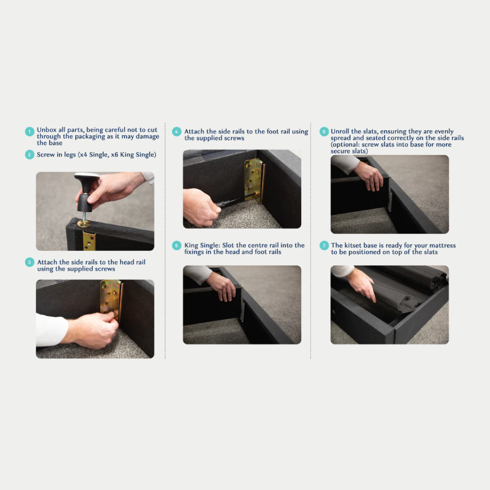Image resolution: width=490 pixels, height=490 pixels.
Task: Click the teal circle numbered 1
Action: pyautogui.click(x=29, y=132)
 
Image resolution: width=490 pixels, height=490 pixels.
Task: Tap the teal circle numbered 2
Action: pyautogui.click(x=29, y=155)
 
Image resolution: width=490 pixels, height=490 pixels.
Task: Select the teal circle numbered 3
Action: pyautogui.click(x=29, y=262)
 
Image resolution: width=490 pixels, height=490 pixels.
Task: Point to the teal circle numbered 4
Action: pyautogui.click(x=176, y=132)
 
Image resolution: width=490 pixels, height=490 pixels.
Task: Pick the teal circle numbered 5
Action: pyautogui.click(x=176, y=245)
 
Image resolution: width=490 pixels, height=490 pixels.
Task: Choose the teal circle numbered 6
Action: pyautogui.click(x=324, y=132)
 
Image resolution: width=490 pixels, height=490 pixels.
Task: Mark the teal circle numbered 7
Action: pyautogui.click(x=324, y=245)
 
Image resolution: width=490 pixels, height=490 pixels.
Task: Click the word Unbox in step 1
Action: pyautogui.click(x=47, y=130)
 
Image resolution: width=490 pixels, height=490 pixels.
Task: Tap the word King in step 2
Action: pyautogui.click(x=127, y=155)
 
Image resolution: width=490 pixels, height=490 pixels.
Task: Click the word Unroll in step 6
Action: pyautogui.click(x=340, y=131)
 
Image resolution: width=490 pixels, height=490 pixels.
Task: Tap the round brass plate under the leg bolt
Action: pyautogui.click(x=84, y=223)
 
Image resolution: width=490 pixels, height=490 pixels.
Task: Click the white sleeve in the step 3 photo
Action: pyautogui.click(x=52, y=330)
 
